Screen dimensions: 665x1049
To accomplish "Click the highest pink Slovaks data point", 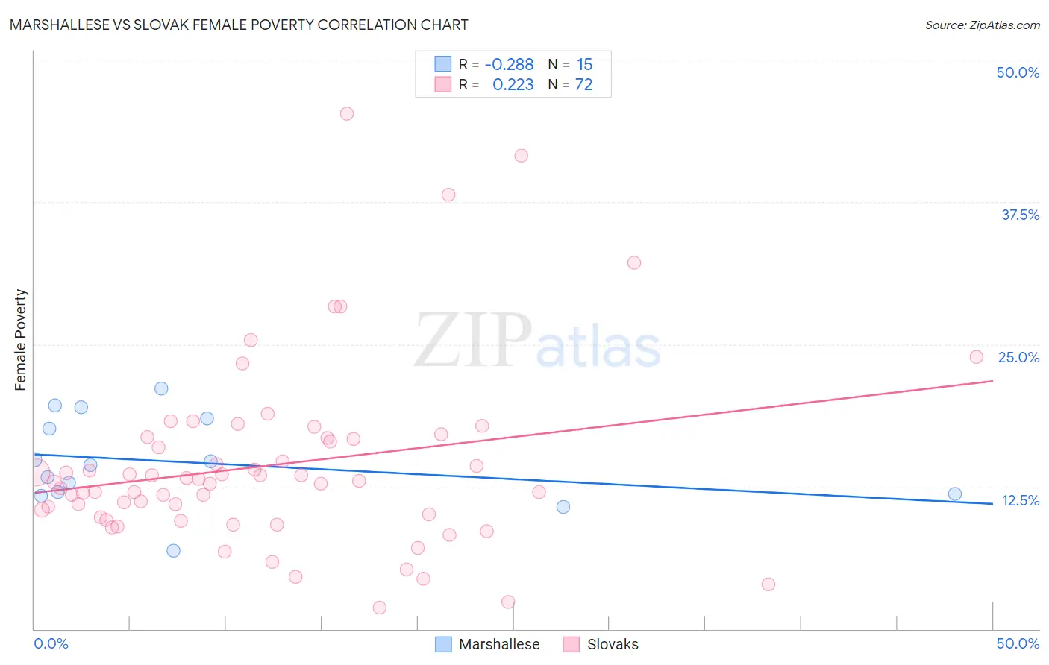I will tap(347, 114).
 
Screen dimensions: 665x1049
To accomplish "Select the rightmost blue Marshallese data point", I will tap(955, 494).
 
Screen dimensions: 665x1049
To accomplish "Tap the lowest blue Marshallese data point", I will tap(174, 551).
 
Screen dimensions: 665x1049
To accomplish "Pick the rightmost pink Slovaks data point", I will tap(977, 357).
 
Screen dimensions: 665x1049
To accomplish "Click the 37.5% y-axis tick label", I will tap(1020, 215).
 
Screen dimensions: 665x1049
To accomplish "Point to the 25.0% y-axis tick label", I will tap(1018, 357).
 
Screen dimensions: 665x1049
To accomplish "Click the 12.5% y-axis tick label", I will tap(1020, 500).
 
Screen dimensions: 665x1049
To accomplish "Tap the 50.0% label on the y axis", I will tap(1018, 72).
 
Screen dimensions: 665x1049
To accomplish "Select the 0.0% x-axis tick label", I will tap(51, 643).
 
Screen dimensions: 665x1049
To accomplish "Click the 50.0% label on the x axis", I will tap(1018, 643).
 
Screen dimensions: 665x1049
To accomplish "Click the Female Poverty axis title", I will tap(21, 340).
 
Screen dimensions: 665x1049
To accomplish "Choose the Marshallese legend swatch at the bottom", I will tap(443, 644).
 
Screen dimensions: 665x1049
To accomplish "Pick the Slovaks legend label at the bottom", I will tap(613, 644).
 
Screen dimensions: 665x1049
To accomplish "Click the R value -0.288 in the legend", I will tap(509, 65).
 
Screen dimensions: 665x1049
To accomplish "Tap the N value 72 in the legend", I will tap(583, 85).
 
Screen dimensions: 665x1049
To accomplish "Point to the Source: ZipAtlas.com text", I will tap(982, 25).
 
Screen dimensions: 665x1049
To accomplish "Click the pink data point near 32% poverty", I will tap(634, 262).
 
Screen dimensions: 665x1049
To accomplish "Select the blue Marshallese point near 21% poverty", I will tap(161, 388).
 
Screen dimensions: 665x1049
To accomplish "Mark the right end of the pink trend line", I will tap(992, 381).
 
